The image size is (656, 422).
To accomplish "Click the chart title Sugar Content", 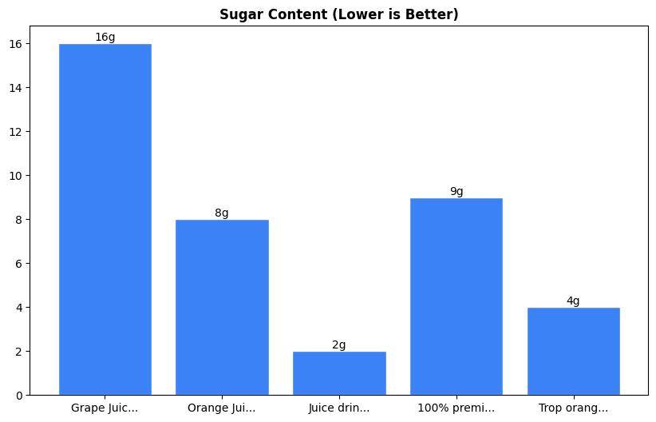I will click(x=339, y=15).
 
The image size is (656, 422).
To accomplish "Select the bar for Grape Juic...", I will click(x=105, y=220).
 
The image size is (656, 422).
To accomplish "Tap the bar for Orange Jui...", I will click(x=222, y=308).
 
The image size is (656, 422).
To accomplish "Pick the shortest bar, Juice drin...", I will click(x=339, y=373).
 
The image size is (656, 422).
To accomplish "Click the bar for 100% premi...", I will click(x=456, y=297).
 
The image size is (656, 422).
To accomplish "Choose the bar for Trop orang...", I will click(x=573, y=352).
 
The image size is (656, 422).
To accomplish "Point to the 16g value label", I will click(x=105, y=37).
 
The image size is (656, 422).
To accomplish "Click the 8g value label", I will click(x=222, y=213).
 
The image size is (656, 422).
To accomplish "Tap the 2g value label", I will click(x=339, y=344).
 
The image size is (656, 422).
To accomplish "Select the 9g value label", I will click(x=456, y=191).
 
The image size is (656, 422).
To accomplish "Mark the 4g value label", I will click(x=573, y=301).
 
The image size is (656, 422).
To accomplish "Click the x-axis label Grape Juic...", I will click(x=105, y=408).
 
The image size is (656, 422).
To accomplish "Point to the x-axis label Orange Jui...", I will click(x=222, y=408).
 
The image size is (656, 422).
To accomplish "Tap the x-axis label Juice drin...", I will click(x=339, y=408).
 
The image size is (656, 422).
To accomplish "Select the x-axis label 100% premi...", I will click(x=456, y=408).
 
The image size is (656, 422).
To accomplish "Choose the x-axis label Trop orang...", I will click(x=573, y=408).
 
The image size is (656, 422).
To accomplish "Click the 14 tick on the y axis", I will click(x=18, y=88).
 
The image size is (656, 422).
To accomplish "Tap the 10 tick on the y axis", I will click(x=18, y=176).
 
